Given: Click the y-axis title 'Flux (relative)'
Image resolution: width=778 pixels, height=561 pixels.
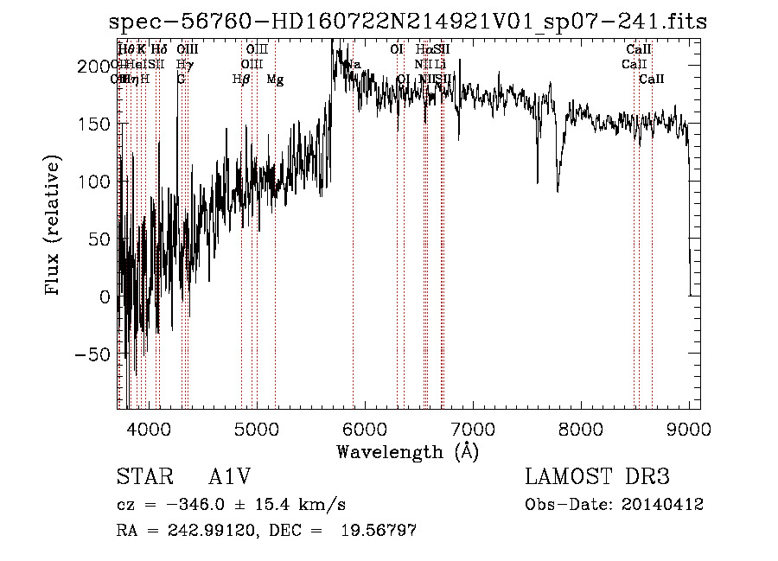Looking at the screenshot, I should [54, 226].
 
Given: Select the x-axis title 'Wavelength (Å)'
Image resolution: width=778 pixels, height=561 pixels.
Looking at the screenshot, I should [408, 451].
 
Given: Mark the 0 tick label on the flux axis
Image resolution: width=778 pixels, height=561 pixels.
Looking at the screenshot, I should [105, 296].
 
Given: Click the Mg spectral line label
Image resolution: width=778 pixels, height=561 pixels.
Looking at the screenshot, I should [275, 80].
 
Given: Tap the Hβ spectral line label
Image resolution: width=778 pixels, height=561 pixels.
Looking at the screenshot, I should [241, 80].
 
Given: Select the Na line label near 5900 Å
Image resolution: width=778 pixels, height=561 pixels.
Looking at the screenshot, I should [353, 65].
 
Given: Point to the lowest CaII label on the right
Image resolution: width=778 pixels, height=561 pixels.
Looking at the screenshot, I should [652, 80].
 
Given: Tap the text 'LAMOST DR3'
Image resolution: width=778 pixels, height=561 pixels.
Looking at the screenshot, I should [596, 478].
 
